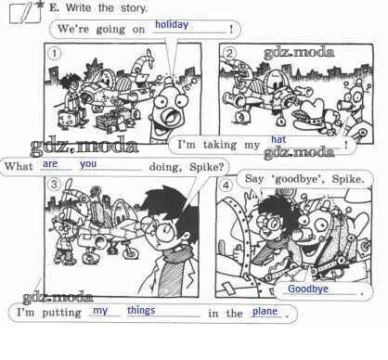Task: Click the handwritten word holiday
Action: coord(172,25)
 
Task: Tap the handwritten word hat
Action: coord(278,140)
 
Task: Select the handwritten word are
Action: coord(50,163)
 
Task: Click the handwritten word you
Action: coord(88,164)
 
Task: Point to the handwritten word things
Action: coord(141,311)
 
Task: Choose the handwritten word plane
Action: coord(265,312)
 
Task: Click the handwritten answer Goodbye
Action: coord(308,289)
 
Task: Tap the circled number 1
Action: coord(55,54)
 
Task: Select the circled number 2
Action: coord(229,53)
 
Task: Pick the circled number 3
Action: coord(55,185)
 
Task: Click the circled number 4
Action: coord(226,186)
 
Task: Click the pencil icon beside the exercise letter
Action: coord(27,12)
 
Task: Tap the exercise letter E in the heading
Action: coord(54,7)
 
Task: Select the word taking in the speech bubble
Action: coord(220,145)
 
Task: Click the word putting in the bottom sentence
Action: coord(62,313)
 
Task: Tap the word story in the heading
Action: coord(134,8)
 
